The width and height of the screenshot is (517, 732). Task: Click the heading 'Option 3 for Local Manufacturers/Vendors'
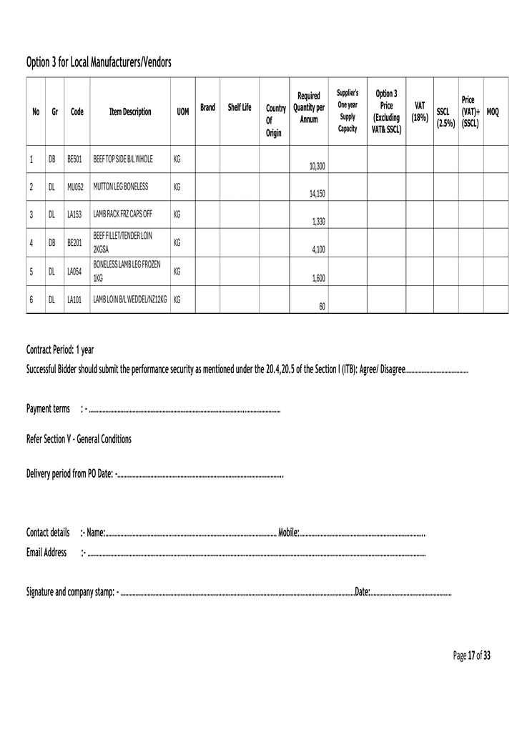point(99,63)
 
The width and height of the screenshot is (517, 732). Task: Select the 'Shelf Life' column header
point(240,107)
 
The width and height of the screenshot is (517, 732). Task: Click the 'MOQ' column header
point(493,112)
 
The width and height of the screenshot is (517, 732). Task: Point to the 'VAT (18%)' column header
point(420,111)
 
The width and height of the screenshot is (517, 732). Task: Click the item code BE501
point(75,159)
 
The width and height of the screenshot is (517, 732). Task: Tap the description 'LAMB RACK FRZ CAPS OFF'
point(122,214)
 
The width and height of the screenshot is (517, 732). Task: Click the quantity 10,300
point(317,166)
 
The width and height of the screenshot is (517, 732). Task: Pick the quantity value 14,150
point(317,193)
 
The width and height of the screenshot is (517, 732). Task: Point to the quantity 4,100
point(319,249)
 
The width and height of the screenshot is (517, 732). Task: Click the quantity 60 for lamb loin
point(322,306)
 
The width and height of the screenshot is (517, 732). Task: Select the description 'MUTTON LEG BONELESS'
point(120,186)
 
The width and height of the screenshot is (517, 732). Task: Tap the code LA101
point(75,299)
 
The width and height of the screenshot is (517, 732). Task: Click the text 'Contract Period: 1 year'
point(60,350)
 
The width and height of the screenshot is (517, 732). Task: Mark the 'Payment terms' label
point(48,408)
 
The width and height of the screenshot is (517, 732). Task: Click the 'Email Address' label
point(46,552)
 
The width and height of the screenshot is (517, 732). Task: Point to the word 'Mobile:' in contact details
point(288,532)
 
